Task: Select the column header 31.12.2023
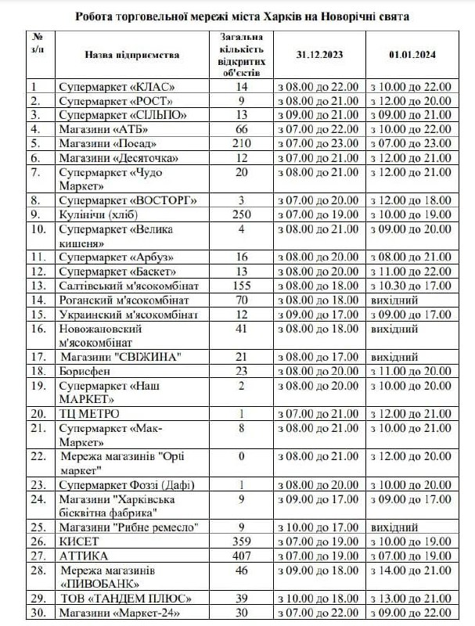[x=318, y=55]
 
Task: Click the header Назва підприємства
[x=132, y=55]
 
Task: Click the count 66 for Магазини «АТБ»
[x=241, y=129]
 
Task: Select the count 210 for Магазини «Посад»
[x=241, y=143]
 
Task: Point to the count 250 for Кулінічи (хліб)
[x=241, y=214]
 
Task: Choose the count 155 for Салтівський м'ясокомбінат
[x=241, y=285]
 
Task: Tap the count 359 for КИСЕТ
[x=241, y=541]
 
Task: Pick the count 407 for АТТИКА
[x=241, y=555]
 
